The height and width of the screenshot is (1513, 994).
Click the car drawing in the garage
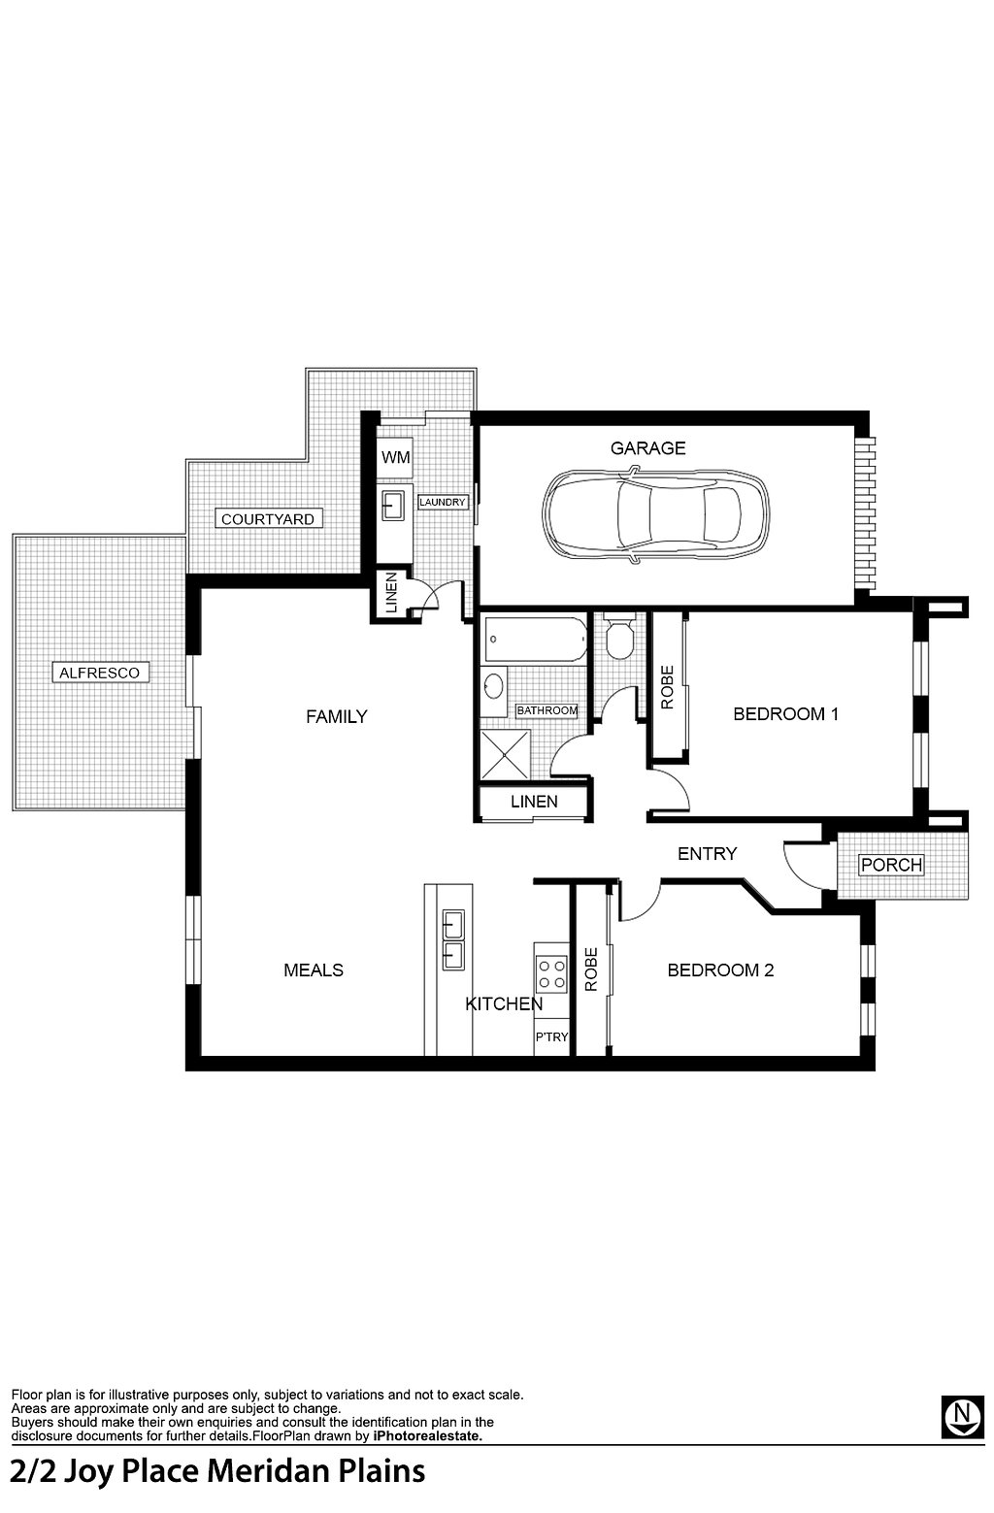(x=655, y=514)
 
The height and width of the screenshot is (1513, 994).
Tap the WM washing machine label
(x=395, y=457)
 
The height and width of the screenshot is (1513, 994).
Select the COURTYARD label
(x=268, y=519)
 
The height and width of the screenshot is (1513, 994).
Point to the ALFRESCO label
(x=100, y=673)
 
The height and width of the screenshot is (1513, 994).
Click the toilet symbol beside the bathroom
(x=618, y=637)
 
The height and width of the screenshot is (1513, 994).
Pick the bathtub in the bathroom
(x=535, y=639)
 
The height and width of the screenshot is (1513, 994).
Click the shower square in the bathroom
(x=506, y=754)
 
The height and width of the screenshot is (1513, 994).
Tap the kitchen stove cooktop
(x=550, y=974)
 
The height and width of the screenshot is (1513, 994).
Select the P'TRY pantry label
(x=551, y=1036)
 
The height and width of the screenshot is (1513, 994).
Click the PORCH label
(x=891, y=865)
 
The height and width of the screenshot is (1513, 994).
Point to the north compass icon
(x=962, y=1416)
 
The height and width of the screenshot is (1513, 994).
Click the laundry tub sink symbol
(x=393, y=504)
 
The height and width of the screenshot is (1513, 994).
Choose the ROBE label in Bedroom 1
(x=668, y=688)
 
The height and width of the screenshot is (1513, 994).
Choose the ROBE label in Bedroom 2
(x=591, y=970)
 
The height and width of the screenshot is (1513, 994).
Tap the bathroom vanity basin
(x=494, y=687)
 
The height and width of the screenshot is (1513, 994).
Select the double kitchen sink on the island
(x=452, y=940)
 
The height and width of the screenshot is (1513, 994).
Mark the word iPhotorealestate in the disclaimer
(x=428, y=1436)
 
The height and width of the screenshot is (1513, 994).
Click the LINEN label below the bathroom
(x=534, y=801)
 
